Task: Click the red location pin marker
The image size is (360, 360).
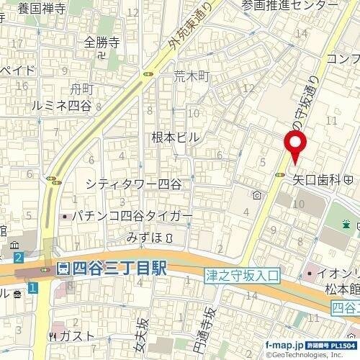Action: coord(295,145)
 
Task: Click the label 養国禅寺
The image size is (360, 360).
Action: coord(42,9)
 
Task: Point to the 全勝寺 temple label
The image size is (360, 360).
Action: coord(100,42)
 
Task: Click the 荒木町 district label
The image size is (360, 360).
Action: coord(191,76)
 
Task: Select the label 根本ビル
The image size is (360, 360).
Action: coord(174,136)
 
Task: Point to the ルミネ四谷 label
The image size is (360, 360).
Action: coord(62,105)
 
